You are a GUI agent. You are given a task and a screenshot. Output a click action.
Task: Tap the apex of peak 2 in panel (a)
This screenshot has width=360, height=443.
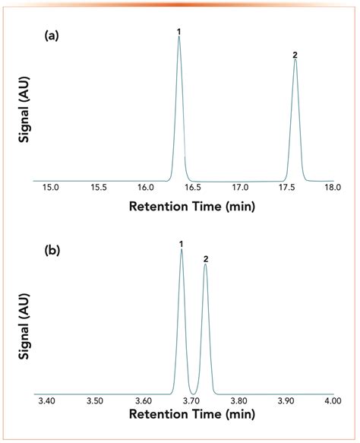(x=295, y=60)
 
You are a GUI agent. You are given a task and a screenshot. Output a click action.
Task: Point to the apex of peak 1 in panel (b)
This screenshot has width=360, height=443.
(x=182, y=250)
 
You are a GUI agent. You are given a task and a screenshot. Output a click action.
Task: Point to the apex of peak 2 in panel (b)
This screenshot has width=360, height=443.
(x=205, y=265)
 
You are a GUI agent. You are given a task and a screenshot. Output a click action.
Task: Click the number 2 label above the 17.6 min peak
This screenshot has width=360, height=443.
(x=295, y=55)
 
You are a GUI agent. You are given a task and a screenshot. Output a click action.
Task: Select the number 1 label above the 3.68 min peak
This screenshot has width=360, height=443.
(x=182, y=244)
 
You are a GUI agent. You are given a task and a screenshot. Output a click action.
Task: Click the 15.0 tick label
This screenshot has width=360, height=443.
(x=51, y=187)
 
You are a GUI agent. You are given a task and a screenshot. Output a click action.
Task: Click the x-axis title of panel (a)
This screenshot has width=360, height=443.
(x=191, y=206)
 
